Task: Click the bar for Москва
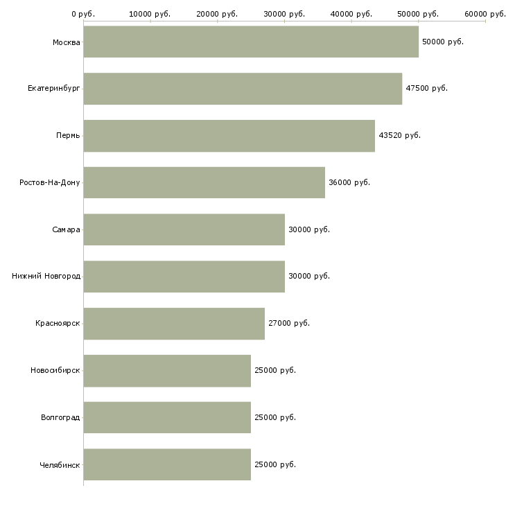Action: [x=251, y=42]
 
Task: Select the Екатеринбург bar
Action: [x=243, y=89]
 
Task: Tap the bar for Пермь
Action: [x=229, y=135]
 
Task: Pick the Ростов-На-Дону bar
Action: [x=204, y=182]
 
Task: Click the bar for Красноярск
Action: [x=174, y=323]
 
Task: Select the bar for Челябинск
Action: [x=167, y=464]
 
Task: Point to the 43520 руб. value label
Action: [x=399, y=135]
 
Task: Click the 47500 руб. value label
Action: [x=426, y=88]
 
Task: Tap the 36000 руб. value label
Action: [x=349, y=182]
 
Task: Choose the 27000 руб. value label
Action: [x=289, y=323]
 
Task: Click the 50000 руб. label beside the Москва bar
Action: [x=442, y=42]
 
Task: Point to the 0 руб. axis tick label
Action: [x=83, y=14]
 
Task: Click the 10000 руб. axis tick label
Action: [x=150, y=14]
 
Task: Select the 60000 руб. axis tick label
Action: [x=485, y=14]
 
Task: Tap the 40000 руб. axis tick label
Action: [x=351, y=14]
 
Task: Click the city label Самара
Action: [x=66, y=229]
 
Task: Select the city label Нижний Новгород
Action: [x=46, y=276]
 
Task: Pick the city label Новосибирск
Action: [x=55, y=370]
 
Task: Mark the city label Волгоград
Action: [x=60, y=417]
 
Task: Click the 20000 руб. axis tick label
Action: [x=217, y=14]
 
